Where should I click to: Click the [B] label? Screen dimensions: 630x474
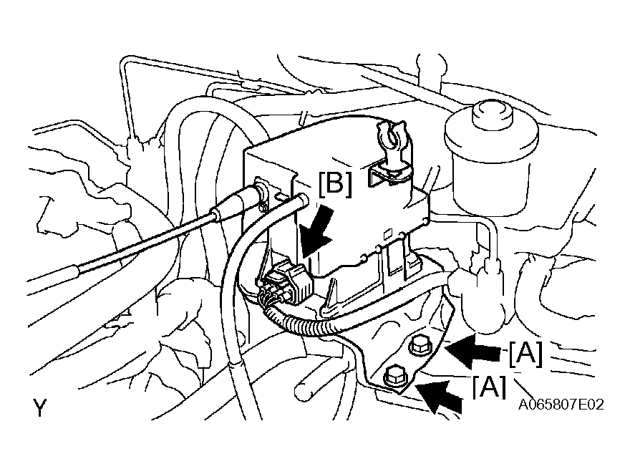335,184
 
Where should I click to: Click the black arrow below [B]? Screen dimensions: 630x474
316,233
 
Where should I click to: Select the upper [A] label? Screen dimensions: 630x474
525,354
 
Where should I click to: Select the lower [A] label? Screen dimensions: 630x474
489,387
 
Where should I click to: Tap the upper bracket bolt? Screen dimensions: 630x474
418,345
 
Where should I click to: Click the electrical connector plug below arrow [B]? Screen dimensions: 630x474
286,281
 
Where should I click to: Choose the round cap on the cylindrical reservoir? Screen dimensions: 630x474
493,115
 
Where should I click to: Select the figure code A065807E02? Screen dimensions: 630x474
561,404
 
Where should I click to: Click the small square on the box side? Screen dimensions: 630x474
388,234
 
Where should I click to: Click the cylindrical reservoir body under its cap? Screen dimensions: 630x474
491,177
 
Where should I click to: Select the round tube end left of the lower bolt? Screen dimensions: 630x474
302,390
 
